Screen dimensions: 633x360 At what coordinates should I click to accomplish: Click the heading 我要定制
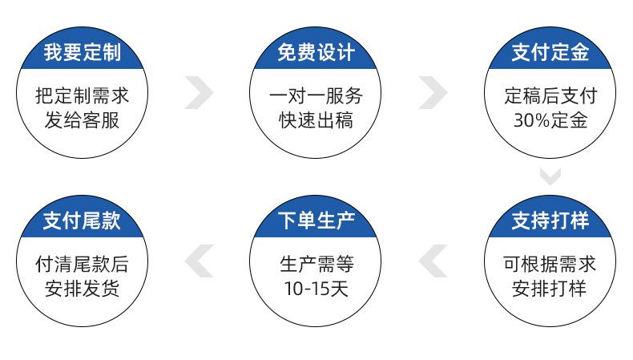click(82, 54)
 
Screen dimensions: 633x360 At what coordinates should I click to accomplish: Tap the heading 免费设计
click(316, 54)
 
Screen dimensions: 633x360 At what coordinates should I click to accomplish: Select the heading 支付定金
click(550, 54)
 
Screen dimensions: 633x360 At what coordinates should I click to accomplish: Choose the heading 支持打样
click(550, 220)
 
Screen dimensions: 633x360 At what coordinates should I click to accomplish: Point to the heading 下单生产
click(316, 220)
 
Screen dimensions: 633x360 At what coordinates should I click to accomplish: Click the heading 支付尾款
click(82, 220)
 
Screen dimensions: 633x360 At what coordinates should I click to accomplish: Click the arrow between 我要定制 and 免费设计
click(200, 93)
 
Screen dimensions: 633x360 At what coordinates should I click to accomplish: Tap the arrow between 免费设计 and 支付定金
click(433, 93)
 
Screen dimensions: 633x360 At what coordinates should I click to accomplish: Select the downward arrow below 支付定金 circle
click(550, 176)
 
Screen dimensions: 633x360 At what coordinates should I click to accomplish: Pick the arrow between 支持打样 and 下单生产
click(433, 261)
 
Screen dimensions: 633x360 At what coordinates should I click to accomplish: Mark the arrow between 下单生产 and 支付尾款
click(200, 261)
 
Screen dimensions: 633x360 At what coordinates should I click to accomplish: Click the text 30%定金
click(550, 121)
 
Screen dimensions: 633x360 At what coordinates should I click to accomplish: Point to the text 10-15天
click(316, 288)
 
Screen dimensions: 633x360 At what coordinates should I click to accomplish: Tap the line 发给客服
click(82, 121)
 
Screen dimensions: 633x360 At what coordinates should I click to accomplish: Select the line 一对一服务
click(316, 96)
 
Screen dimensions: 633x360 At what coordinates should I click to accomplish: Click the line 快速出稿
click(316, 121)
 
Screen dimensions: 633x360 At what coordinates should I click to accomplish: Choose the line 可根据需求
click(550, 263)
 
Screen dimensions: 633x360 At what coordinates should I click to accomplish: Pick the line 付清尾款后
click(82, 263)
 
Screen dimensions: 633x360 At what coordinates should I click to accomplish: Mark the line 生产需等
click(316, 263)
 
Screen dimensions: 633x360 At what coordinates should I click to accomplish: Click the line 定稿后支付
click(550, 96)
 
